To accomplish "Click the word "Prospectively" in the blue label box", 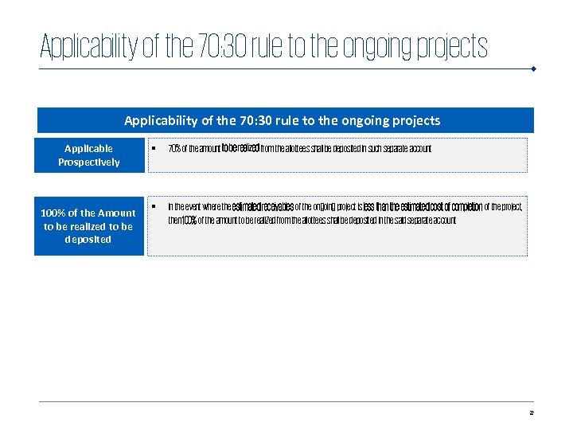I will [89, 162].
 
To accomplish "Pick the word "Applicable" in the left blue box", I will [89, 149].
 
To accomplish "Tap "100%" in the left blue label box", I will [54, 213].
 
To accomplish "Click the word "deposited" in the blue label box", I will [89, 240].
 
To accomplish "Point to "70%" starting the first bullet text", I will [173, 149].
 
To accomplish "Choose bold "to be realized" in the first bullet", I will [240, 148].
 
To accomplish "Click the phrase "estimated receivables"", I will [263, 207].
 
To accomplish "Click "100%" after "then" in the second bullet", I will [190, 221].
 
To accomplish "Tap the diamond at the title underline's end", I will [533, 68].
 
